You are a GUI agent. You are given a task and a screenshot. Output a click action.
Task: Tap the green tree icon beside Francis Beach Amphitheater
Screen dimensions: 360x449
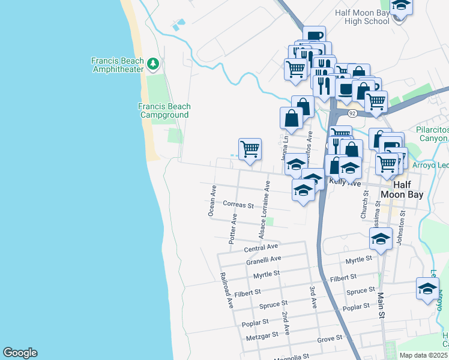coord(153,63)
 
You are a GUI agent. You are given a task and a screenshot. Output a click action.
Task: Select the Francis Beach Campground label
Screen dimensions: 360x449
coord(164,110)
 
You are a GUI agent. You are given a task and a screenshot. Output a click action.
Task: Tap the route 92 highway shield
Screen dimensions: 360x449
coord(352,113)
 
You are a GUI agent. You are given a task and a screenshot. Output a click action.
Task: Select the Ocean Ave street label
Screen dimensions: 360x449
coord(211,200)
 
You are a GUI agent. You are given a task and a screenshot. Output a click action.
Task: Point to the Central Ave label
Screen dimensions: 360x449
coord(261,247)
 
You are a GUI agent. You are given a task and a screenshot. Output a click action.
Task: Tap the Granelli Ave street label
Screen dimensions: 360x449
coord(264,260)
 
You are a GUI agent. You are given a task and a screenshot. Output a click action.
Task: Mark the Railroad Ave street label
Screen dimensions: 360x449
coord(226,290)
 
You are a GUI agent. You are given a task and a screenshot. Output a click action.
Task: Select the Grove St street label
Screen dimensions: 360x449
coord(330,339)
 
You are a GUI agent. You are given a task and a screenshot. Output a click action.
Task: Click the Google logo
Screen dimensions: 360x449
coord(20,353)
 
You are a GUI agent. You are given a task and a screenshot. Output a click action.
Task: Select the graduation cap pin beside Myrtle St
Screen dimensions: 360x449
coord(381,238)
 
